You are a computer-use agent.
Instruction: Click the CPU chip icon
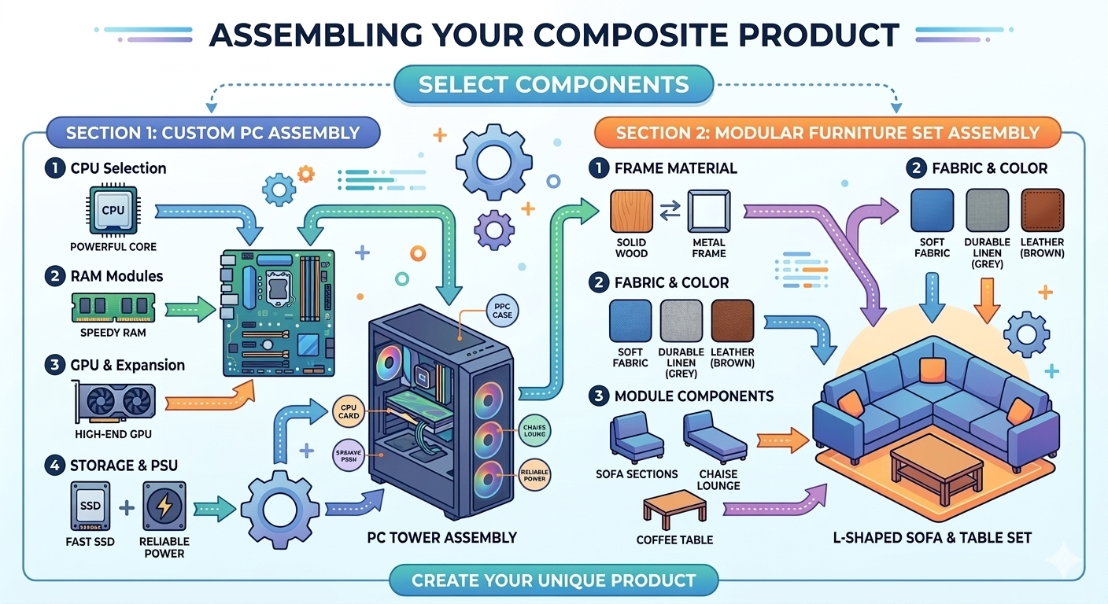113,210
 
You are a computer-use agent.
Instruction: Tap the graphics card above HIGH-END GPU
113,400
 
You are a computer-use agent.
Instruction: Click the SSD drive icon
90,505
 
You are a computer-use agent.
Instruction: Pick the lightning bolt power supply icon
165,505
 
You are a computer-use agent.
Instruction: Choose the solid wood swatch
631,212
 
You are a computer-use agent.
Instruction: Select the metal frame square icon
709,212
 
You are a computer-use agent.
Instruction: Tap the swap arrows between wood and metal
670,211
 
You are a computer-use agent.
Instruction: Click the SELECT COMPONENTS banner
553,84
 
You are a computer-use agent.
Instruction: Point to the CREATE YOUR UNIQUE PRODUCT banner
554,581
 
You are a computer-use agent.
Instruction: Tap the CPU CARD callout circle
349,411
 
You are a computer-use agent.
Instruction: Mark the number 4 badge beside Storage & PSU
55,465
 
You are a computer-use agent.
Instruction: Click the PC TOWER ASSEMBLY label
441,538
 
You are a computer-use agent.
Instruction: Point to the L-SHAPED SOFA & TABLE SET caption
933,538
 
